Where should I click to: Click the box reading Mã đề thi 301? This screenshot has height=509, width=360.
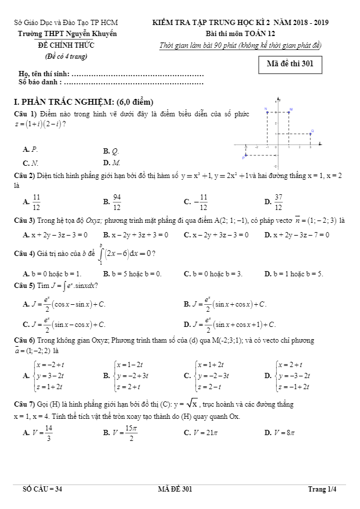(x=290, y=64)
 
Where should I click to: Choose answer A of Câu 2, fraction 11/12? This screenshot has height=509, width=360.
(x=36, y=202)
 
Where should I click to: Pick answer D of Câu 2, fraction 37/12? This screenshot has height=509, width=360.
(x=278, y=202)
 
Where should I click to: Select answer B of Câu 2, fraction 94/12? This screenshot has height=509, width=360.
(x=117, y=202)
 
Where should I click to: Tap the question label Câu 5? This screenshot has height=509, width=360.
(x=26, y=286)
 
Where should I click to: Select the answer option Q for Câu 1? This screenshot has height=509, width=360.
(x=115, y=150)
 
